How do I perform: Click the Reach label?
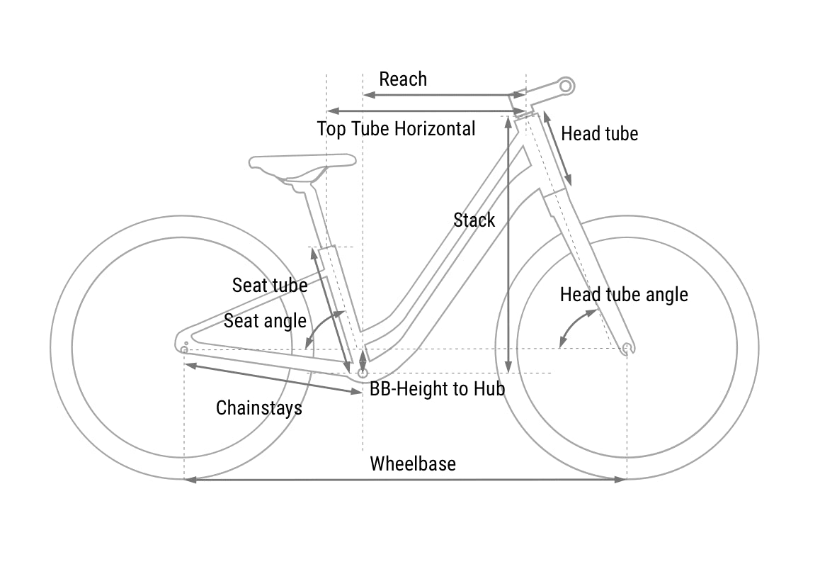tap(403, 79)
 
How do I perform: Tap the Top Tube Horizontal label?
tap(396, 129)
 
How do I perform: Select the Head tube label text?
tap(599, 134)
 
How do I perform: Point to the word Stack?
tap(474, 220)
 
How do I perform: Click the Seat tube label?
tap(269, 286)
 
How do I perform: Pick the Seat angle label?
tap(265, 321)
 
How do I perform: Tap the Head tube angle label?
tap(624, 295)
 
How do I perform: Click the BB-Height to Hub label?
tap(437, 388)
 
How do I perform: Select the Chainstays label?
tap(258, 408)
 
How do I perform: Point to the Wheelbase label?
tap(413, 464)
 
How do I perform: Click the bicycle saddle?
tap(303, 162)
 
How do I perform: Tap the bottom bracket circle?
tap(363, 373)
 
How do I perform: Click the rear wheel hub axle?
tap(184, 350)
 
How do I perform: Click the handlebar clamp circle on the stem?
tap(565, 86)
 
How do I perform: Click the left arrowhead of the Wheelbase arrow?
tap(189, 480)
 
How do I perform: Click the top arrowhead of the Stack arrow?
tap(508, 120)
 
